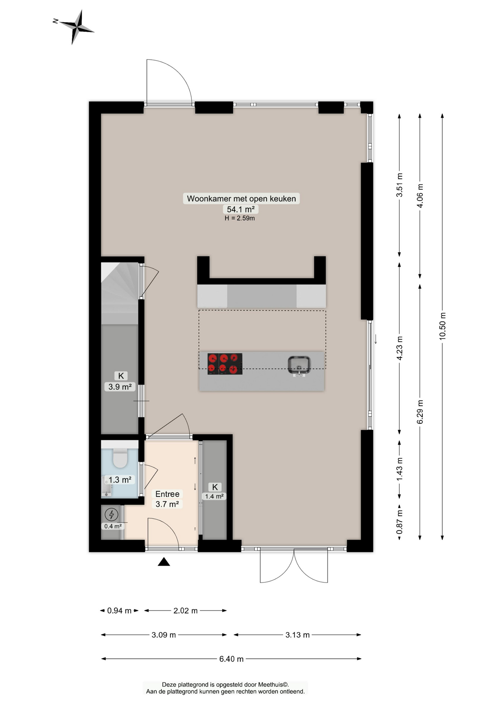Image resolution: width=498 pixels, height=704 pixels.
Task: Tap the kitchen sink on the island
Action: (299, 366)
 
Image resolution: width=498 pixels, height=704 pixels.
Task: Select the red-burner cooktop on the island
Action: (225, 364)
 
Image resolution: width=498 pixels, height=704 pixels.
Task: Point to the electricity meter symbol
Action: (111, 514)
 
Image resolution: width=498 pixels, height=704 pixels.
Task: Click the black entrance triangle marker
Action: (164, 562)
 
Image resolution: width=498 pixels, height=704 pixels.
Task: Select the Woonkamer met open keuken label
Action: (241, 198)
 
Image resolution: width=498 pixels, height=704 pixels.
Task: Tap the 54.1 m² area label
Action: (241, 209)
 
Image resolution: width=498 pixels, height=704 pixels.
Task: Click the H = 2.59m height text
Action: (240, 218)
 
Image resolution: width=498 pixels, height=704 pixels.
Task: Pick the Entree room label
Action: (167, 494)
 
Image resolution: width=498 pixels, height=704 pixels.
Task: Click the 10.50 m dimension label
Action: (443, 326)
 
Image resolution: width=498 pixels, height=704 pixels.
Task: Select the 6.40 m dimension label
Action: (231, 659)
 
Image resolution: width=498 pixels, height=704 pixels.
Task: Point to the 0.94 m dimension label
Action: (119, 610)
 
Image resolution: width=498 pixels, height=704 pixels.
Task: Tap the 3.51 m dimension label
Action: (400, 185)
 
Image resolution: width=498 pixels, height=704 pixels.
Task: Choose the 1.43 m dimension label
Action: (400, 469)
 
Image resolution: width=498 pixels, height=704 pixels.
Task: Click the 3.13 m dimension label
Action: (297, 635)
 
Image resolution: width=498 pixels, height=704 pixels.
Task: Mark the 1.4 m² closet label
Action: (214, 496)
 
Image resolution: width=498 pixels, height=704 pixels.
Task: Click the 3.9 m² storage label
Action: (120, 386)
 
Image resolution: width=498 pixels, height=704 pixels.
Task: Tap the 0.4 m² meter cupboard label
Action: (113, 526)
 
